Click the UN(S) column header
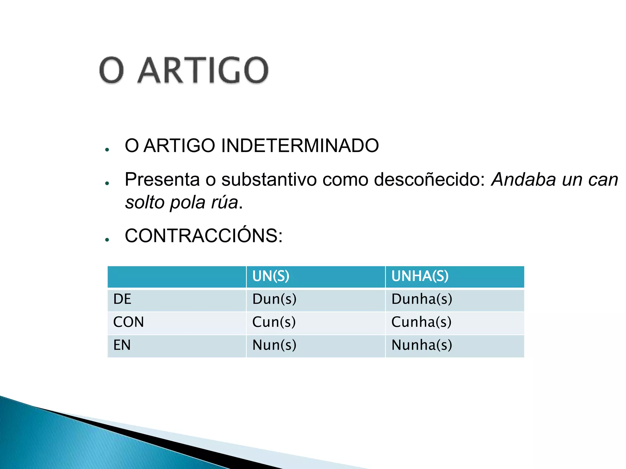(271, 276)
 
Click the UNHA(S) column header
(420, 276)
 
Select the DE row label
(122, 299)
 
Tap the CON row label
(128, 322)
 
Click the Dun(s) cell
(274, 299)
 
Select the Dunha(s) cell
(422, 299)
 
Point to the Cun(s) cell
(274, 322)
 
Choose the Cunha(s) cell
(421, 322)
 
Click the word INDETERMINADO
(300, 146)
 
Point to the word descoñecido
(429, 180)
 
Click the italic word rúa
(224, 202)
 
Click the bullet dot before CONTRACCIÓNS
(107, 240)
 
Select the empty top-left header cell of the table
(177, 277)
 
